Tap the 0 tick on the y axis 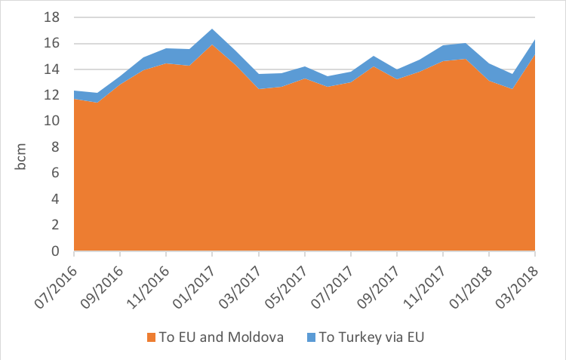pos(57,251)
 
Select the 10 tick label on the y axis pos(54,122)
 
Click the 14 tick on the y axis pos(54,69)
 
